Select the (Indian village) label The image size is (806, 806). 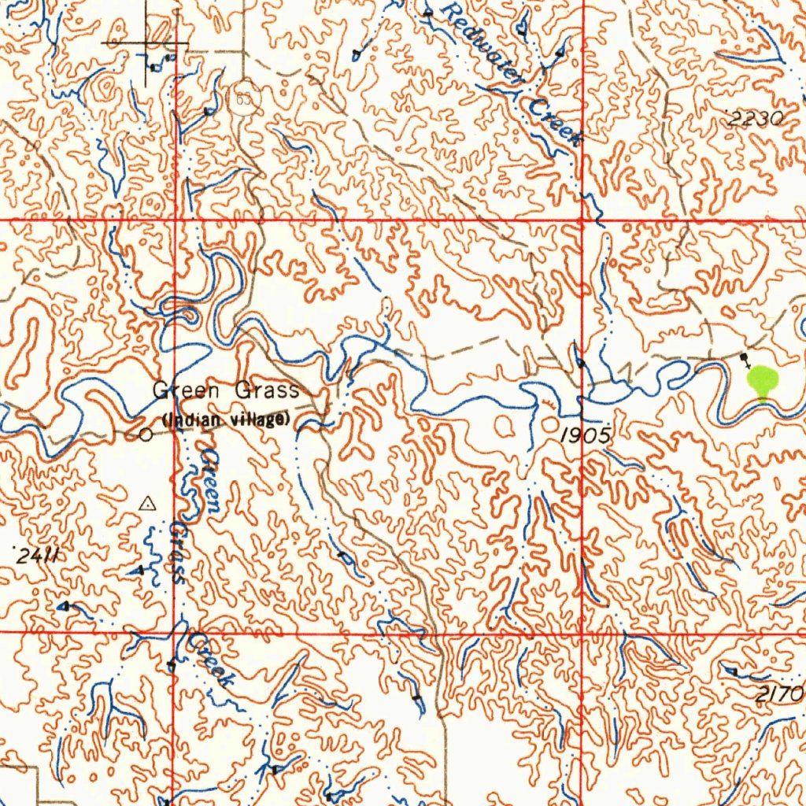click(x=227, y=420)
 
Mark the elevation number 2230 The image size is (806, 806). click(x=756, y=120)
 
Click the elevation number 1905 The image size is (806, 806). click(x=586, y=435)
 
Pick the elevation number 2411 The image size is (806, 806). click(x=37, y=556)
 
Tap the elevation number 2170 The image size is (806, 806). click(x=781, y=693)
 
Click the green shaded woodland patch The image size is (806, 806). click(x=762, y=382)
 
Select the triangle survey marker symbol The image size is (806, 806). click(x=147, y=504)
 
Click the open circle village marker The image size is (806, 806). click(x=145, y=434)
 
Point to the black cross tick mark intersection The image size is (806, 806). click(x=147, y=42)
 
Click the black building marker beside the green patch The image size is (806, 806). click(x=745, y=357)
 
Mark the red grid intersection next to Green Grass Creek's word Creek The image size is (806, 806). click(x=173, y=631)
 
